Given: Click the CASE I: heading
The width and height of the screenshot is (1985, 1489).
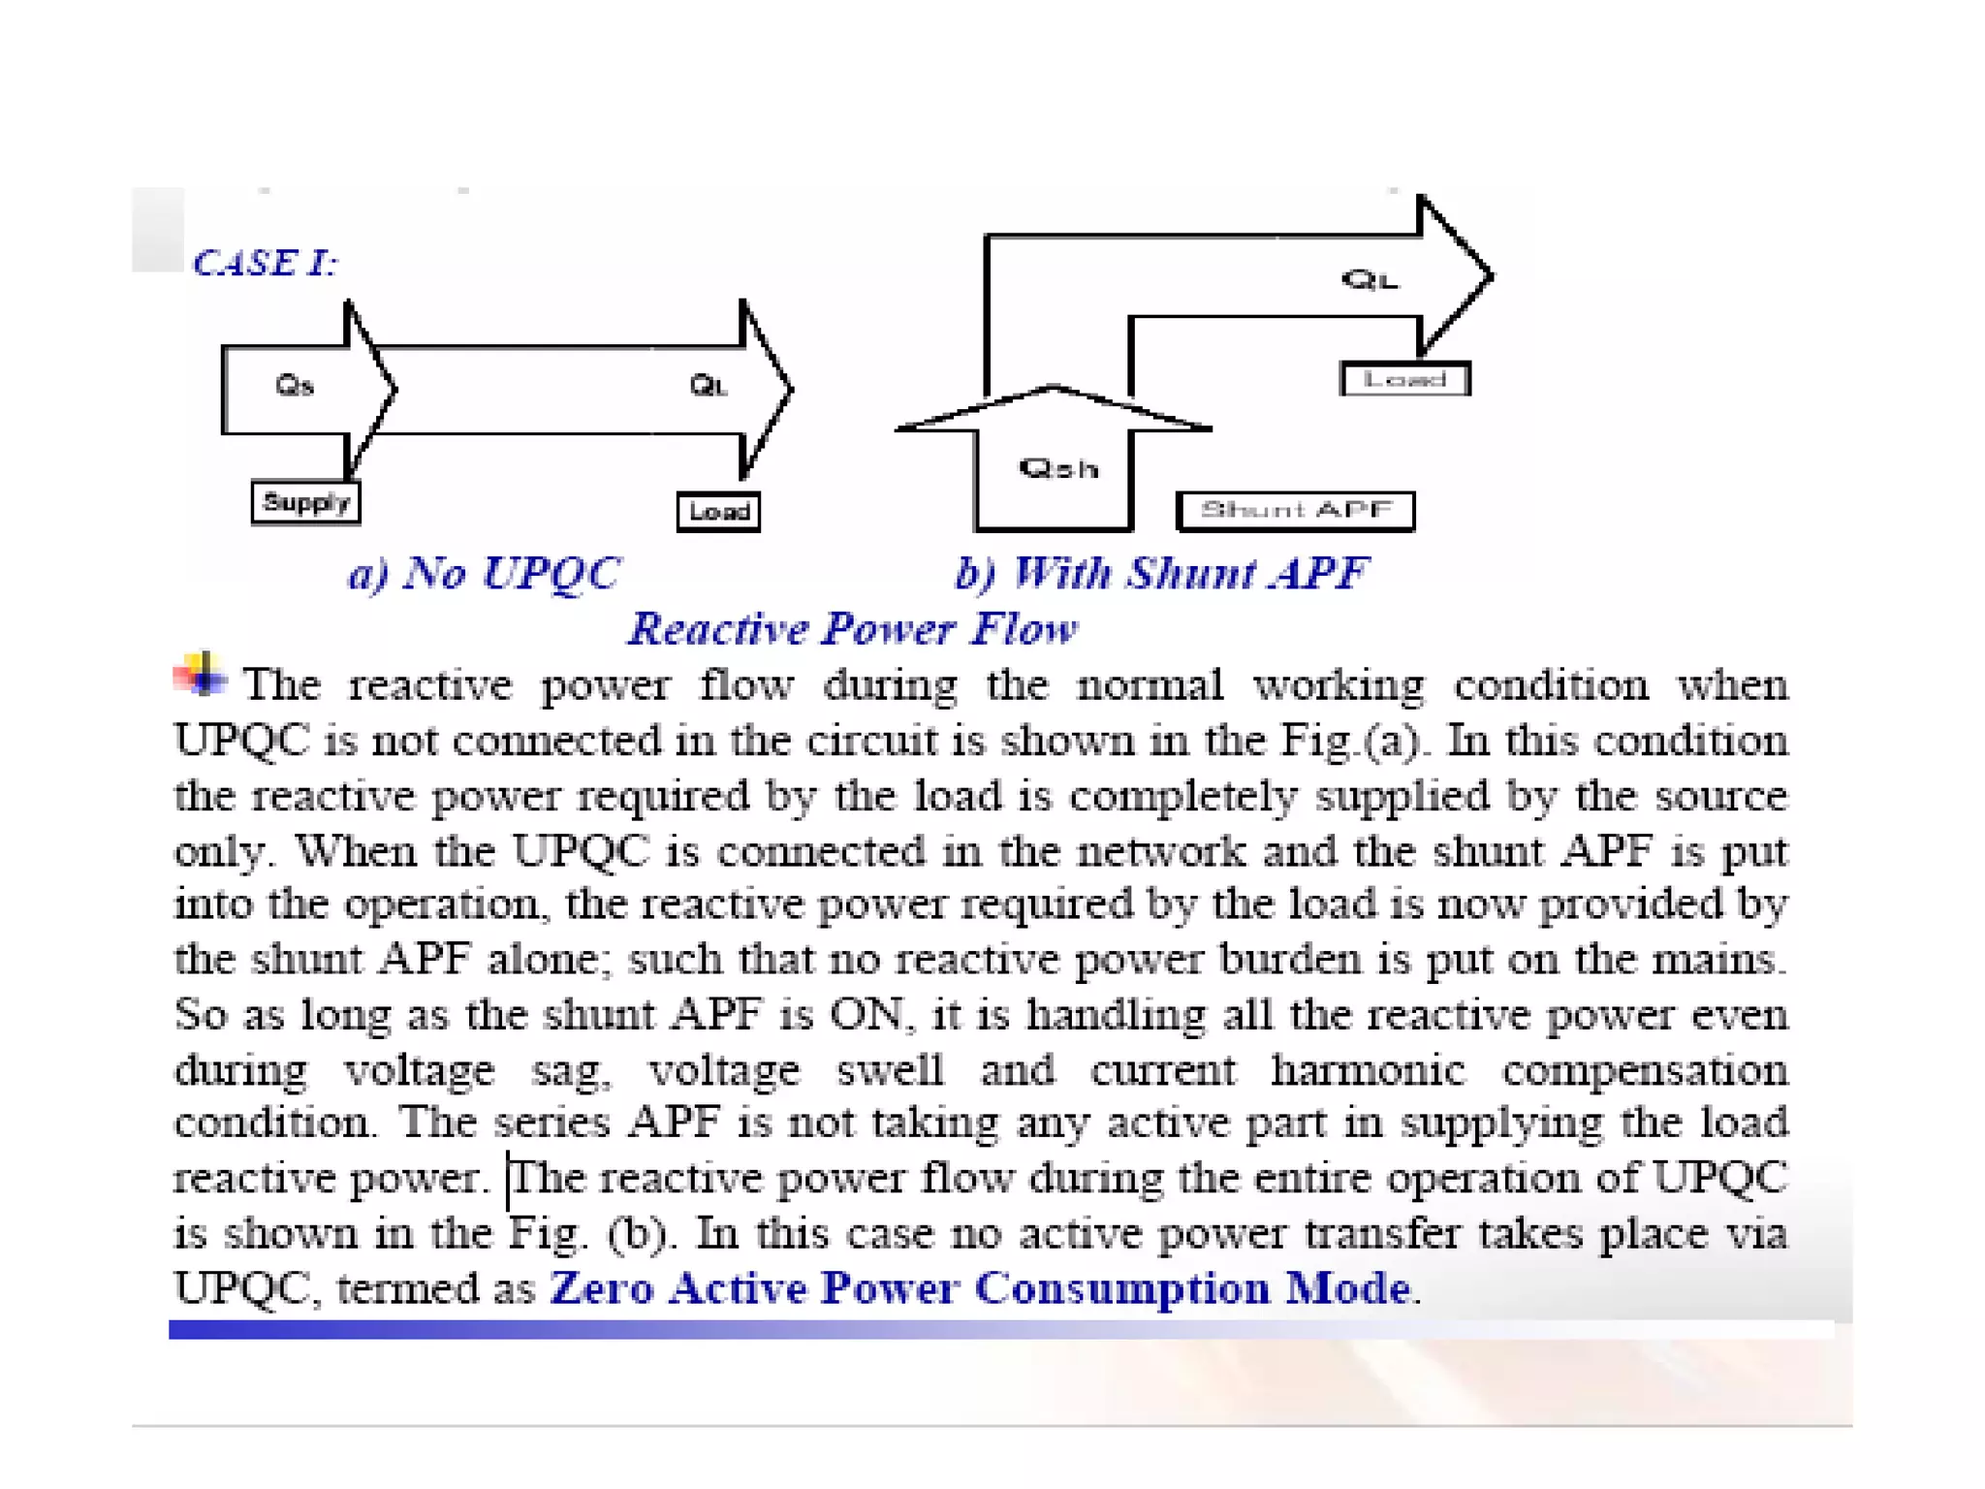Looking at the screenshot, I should coord(265,263).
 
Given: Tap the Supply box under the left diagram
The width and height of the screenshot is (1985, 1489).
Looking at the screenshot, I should coord(305,502).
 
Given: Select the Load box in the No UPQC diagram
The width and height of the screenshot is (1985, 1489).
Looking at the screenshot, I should coord(718,511).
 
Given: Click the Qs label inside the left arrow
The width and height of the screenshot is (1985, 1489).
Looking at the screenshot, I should coord(295,386).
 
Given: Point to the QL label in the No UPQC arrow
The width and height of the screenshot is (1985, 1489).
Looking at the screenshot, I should coord(709,386).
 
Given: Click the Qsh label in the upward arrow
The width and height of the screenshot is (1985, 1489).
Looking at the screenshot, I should coord(1058,469).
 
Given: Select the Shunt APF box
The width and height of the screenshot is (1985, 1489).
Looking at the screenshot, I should coord(1295,511).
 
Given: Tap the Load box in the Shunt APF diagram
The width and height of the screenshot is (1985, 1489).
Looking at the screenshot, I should coord(1404,379).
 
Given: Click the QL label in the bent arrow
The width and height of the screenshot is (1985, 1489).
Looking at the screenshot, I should coord(1370,280).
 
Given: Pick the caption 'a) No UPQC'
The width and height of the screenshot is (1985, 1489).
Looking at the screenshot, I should coord(484,573).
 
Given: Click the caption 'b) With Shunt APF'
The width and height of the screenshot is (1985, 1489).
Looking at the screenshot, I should coord(1161,573).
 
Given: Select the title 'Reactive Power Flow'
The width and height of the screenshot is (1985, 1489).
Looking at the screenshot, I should coord(852,629).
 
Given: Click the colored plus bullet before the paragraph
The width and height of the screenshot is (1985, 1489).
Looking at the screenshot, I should coord(201,674).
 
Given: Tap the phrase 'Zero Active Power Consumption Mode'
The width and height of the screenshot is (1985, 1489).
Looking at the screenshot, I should coord(979,1288).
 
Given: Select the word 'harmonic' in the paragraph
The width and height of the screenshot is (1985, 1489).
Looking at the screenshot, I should coord(1368,1070).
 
